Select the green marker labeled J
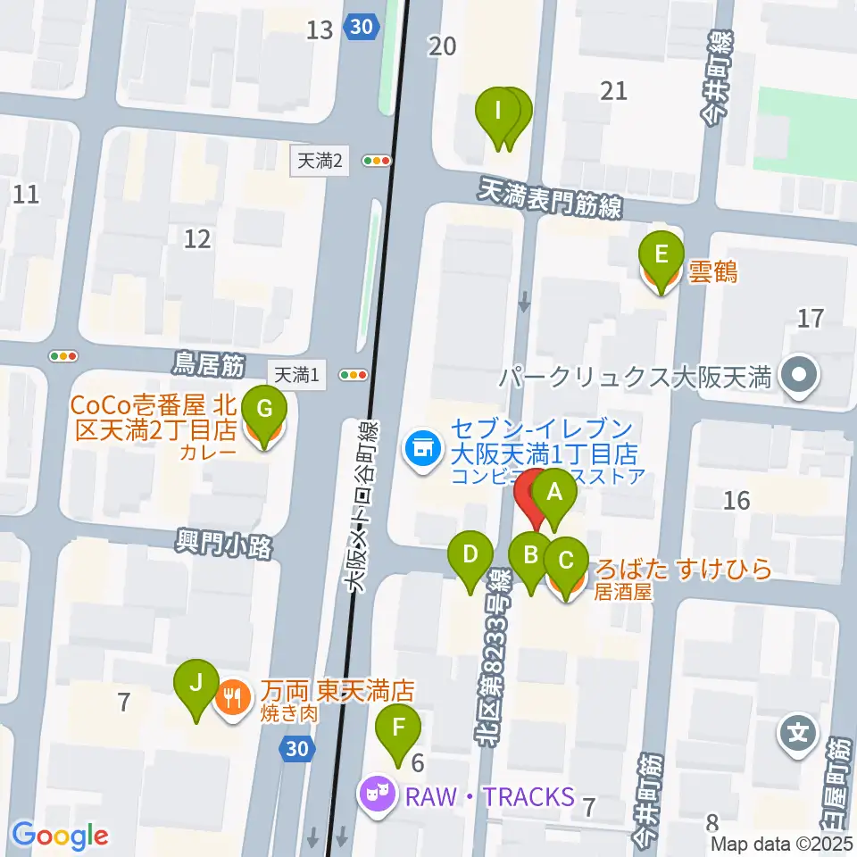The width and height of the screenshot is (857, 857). coord(198,686)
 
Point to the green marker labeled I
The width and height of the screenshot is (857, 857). coord(499,113)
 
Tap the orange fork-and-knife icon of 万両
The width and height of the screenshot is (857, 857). coord(234,695)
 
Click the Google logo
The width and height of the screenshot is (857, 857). coord(61,836)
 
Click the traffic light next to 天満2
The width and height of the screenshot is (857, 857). coord(377,162)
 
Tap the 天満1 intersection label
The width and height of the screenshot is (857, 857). coord(296,377)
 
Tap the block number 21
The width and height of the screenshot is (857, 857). coord(614,89)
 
